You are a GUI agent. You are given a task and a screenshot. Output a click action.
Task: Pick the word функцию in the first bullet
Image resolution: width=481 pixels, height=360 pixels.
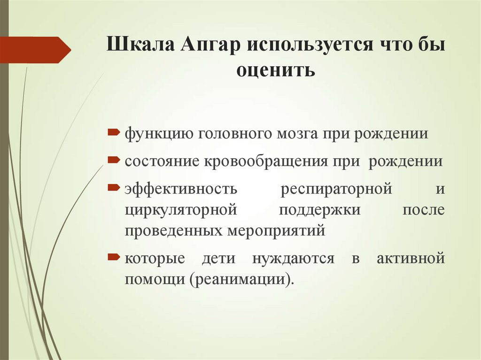click(x=157, y=134)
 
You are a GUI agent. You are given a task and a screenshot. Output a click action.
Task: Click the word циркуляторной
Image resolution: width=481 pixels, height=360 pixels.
click(x=180, y=210)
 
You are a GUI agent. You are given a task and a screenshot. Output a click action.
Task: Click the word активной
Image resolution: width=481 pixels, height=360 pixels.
click(x=411, y=259)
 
